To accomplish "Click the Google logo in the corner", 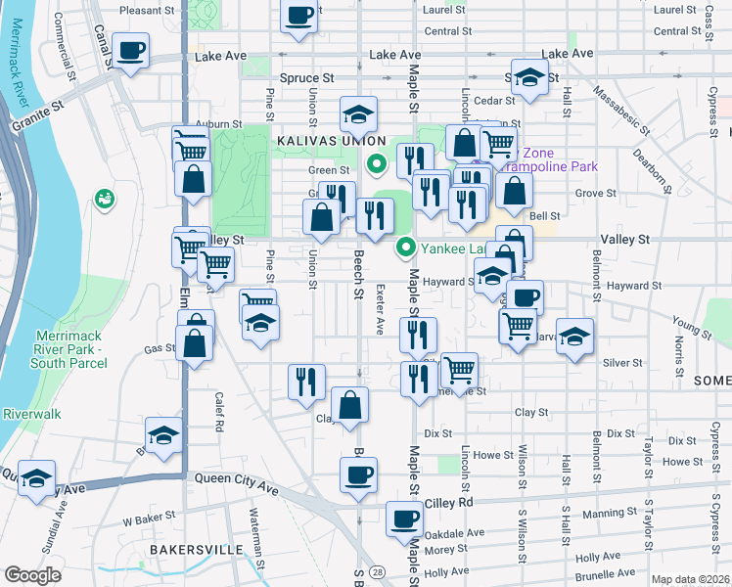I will point(32,575).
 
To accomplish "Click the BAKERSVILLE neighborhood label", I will point(196,551).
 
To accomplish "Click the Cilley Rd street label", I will point(449,502).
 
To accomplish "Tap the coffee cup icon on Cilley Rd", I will point(403,518).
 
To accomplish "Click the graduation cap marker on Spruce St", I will point(528,78).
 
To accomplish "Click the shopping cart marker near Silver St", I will point(459,369).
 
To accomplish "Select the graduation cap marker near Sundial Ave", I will point(36,477).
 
